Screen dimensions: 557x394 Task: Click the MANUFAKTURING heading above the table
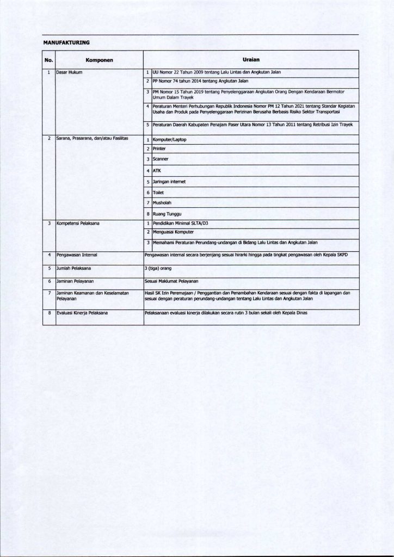(66, 42)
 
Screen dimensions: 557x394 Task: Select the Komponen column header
(99, 60)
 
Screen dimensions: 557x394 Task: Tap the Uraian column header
(250, 60)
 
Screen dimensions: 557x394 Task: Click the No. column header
(48, 60)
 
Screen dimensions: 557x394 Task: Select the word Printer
(159, 148)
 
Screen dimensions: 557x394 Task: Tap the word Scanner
(161, 159)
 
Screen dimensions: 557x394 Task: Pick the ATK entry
(157, 170)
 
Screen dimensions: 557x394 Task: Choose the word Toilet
(159, 192)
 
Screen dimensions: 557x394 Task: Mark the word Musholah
(162, 202)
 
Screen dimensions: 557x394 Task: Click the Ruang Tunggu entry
(167, 213)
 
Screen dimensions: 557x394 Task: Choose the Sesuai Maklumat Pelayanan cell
(171, 281)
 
